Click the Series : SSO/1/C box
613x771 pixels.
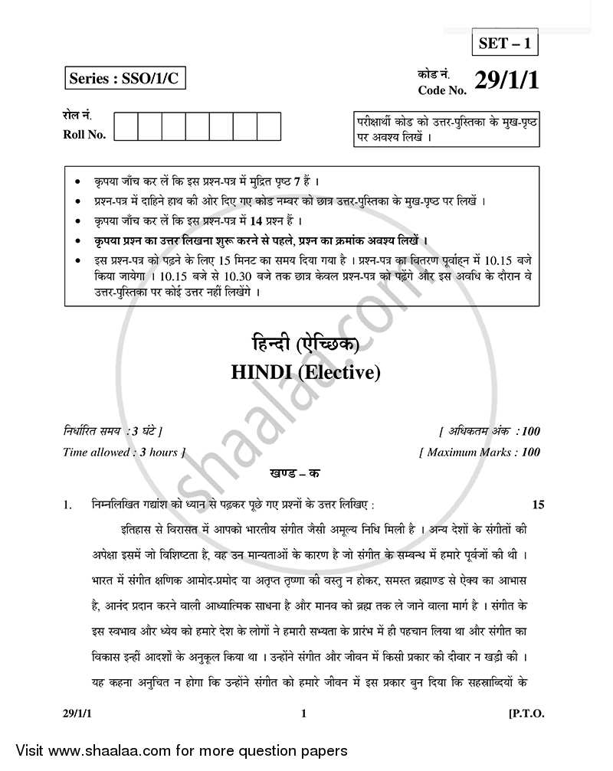(125, 79)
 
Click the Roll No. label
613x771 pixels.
(84, 135)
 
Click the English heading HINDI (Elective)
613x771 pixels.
(305, 373)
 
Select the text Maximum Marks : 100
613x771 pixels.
(479, 452)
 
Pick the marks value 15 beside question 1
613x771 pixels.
(538, 504)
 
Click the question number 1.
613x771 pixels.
(67, 505)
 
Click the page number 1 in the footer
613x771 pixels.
(304, 713)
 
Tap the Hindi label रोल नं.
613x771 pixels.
(77, 116)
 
